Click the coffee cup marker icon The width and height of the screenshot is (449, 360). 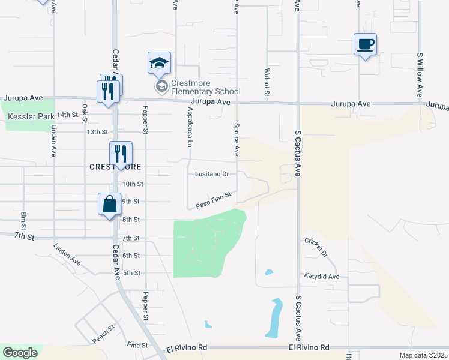click(x=365, y=44)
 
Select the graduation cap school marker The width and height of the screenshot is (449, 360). click(x=159, y=63)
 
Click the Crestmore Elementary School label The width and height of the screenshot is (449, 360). click(x=205, y=87)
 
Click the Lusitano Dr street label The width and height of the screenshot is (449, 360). click(x=212, y=174)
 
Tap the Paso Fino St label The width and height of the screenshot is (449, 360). click(x=213, y=200)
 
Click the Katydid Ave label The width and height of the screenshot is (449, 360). click(x=321, y=277)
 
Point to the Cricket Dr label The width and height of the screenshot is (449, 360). click(x=316, y=247)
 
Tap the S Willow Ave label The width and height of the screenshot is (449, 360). click(x=420, y=74)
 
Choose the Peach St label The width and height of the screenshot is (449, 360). click(x=103, y=335)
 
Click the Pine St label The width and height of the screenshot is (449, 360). click(x=137, y=345)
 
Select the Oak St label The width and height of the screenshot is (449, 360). click(x=85, y=112)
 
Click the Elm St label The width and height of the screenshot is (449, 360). click(x=24, y=221)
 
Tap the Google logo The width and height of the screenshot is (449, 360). click(x=20, y=353)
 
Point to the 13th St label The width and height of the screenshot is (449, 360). click(x=97, y=131)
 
